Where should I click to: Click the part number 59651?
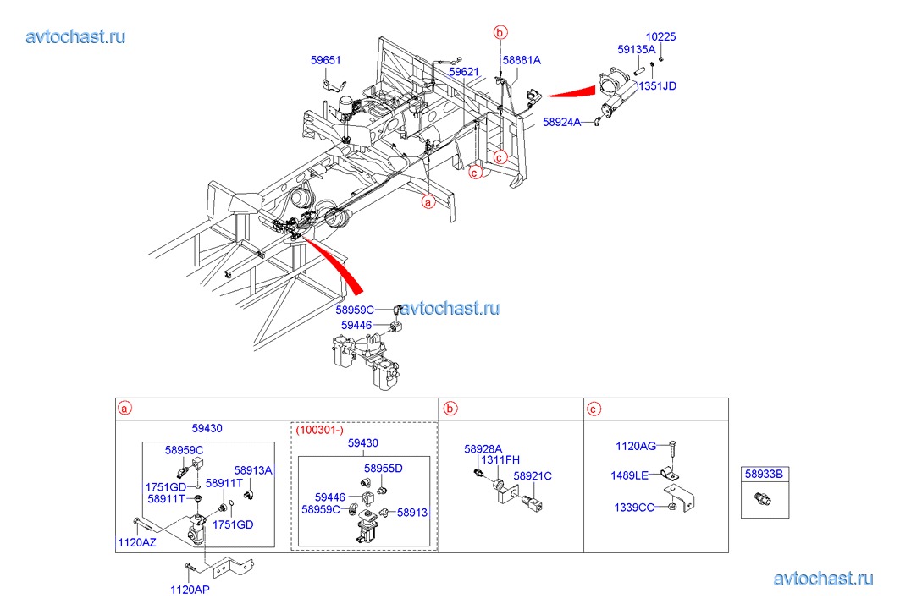[x=326, y=60]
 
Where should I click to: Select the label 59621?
[x=464, y=73]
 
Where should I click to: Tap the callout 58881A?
[x=522, y=61]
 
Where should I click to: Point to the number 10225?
[x=660, y=37]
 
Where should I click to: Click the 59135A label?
[x=637, y=50]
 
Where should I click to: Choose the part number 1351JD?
[x=657, y=85]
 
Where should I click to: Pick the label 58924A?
[x=562, y=123]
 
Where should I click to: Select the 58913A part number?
[x=253, y=470]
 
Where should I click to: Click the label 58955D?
[x=384, y=469]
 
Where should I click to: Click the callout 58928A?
[x=483, y=449]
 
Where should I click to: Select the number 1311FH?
[x=500, y=460]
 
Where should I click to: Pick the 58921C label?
[x=533, y=476]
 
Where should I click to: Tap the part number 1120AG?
[x=636, y=445]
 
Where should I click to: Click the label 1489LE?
[x=629, y=475]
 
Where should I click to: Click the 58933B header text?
[x=765, y=475]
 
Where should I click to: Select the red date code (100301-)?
[x=318, y=430]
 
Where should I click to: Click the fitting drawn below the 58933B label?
[x=764, y=501]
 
